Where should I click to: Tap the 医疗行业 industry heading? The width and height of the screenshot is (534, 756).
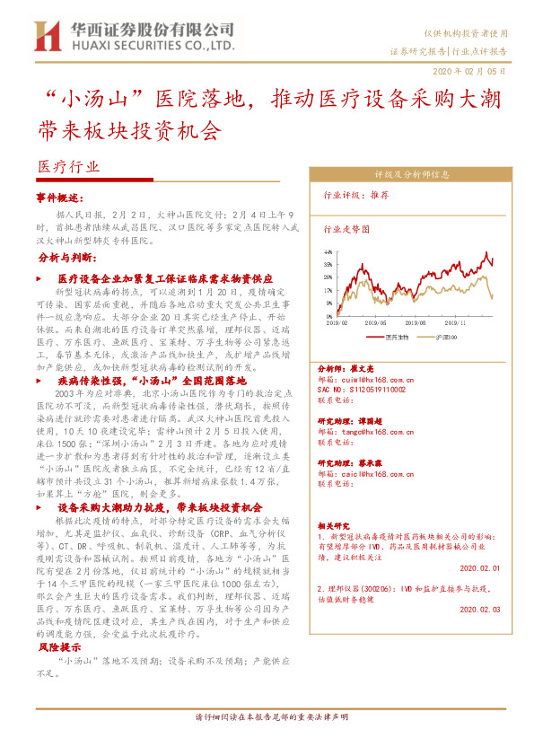pos(69,166)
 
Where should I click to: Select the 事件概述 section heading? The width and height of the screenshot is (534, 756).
pos(59,197)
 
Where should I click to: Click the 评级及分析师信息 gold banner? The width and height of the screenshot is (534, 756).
pos(405,174)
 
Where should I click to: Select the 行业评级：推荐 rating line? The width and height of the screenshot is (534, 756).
pos(355,195)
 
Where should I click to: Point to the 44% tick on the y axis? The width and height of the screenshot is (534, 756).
pos(328,252)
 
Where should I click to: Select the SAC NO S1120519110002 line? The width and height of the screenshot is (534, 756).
pos(362,390)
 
